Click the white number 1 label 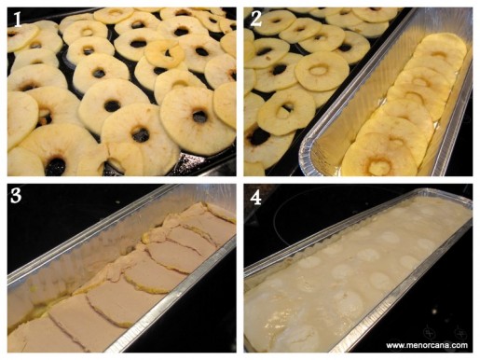click(18, 19)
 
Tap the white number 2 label click(256, 19)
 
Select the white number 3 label click(16, 196)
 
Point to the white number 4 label click(255, 198)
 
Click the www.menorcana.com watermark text click(427, 345)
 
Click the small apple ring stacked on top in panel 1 click(165, 53)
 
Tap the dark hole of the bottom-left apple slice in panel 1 click(56, 165)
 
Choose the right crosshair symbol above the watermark click(460, 333)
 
